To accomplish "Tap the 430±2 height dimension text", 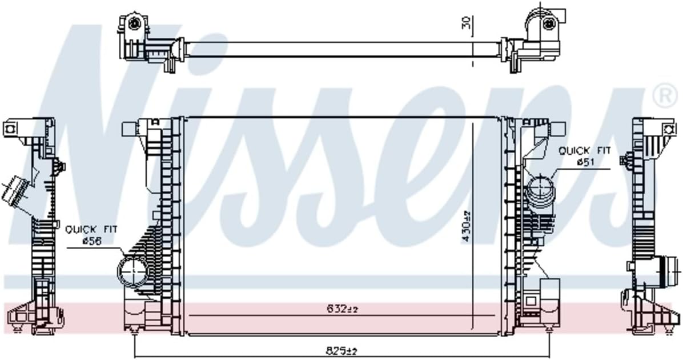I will pos(467,226).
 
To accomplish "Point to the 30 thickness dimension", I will pos(466,22).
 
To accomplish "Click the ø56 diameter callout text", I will pos(91,242).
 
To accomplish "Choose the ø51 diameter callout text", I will pos(586,163).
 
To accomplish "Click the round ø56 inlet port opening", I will pos(132,271).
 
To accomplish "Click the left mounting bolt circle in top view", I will pos(135,23).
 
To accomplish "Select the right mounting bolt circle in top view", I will pos(549,23).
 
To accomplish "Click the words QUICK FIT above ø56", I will pos(91,230).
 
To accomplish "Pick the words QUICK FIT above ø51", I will pos(584,151).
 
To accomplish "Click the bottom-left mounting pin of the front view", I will pos(134,330).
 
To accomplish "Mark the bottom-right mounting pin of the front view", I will pos(549,330).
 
